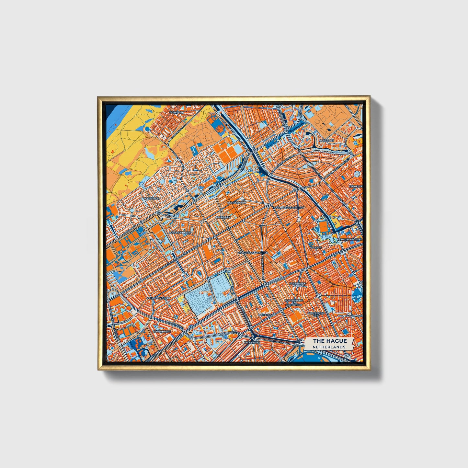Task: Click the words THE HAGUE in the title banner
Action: coord(330,341)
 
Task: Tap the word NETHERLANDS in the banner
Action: coord(329,347)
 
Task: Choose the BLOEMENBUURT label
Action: coord(180,233)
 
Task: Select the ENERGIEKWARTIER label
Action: coord(349,239)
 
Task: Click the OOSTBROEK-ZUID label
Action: coord(316,315)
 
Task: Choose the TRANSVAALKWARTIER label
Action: coord(350,315)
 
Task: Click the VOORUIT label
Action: coord(316,247)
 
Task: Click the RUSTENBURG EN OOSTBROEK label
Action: coord(293,302)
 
